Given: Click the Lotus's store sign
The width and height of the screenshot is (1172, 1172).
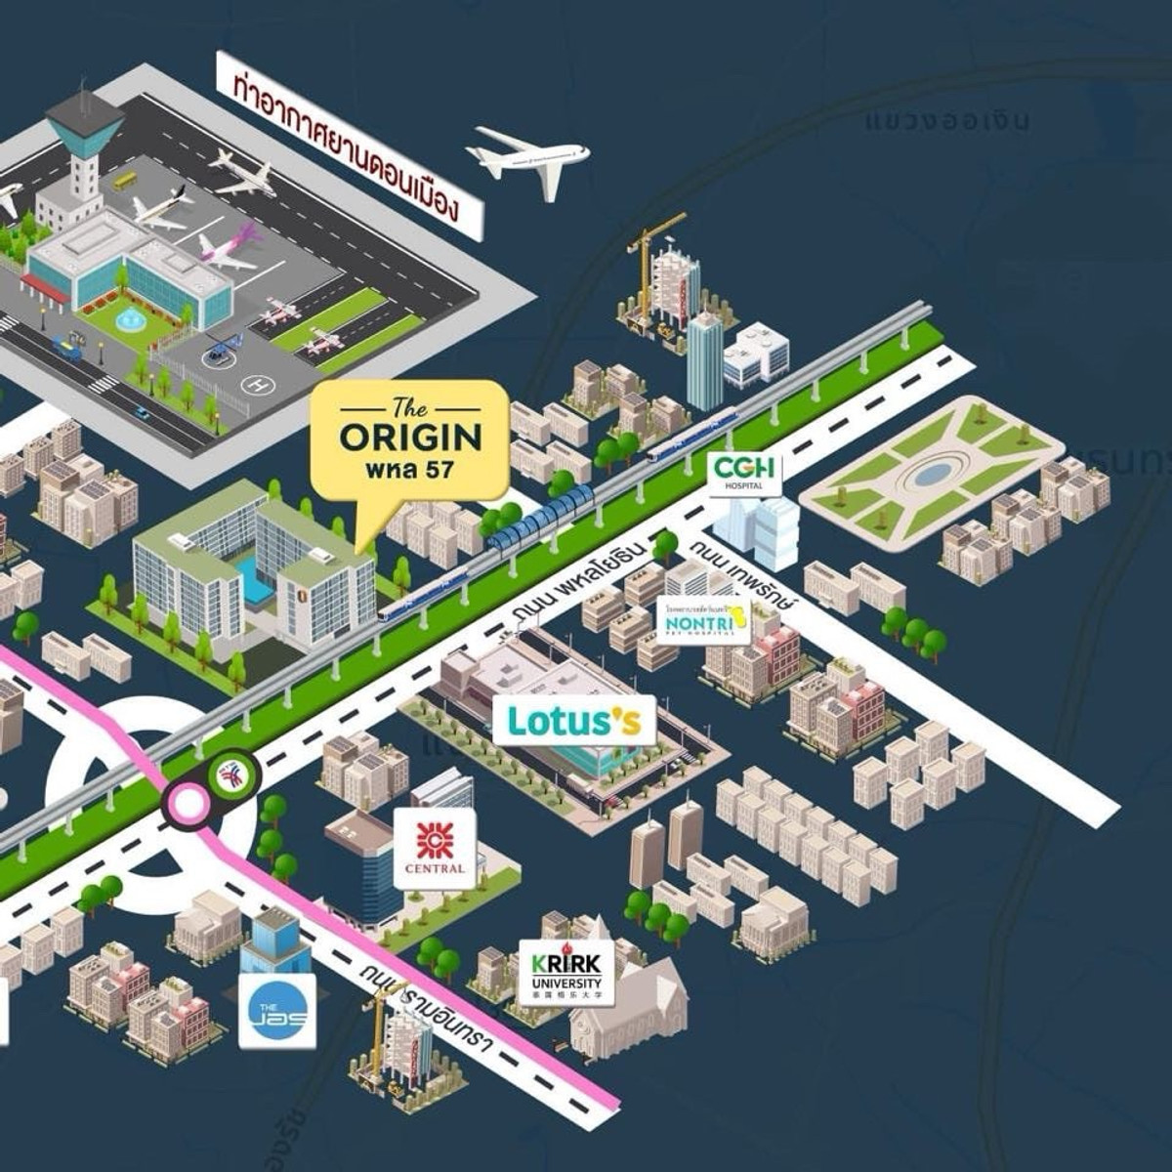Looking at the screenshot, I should click(x=573, y=721).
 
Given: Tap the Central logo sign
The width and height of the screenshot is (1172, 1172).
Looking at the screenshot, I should click(x=435, y=847).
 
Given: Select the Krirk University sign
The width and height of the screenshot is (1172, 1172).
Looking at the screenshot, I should click(x=566, y=972).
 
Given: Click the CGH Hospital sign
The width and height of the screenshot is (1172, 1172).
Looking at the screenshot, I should click(x=746, y=473).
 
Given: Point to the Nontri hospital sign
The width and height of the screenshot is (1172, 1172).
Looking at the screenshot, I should click(x=704, y=619).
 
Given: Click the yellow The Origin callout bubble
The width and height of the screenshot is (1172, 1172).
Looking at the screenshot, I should click(x=410, y=439).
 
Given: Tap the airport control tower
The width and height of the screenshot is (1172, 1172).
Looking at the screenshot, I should click(x=84, y=146).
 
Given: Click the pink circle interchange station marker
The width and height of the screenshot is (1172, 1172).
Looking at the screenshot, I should click(x=188, y=803).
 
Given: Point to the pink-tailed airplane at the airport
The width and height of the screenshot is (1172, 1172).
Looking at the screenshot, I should click(x=231, y=246).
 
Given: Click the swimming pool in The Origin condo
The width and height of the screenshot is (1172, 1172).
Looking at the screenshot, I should click(x=256, y=582).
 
